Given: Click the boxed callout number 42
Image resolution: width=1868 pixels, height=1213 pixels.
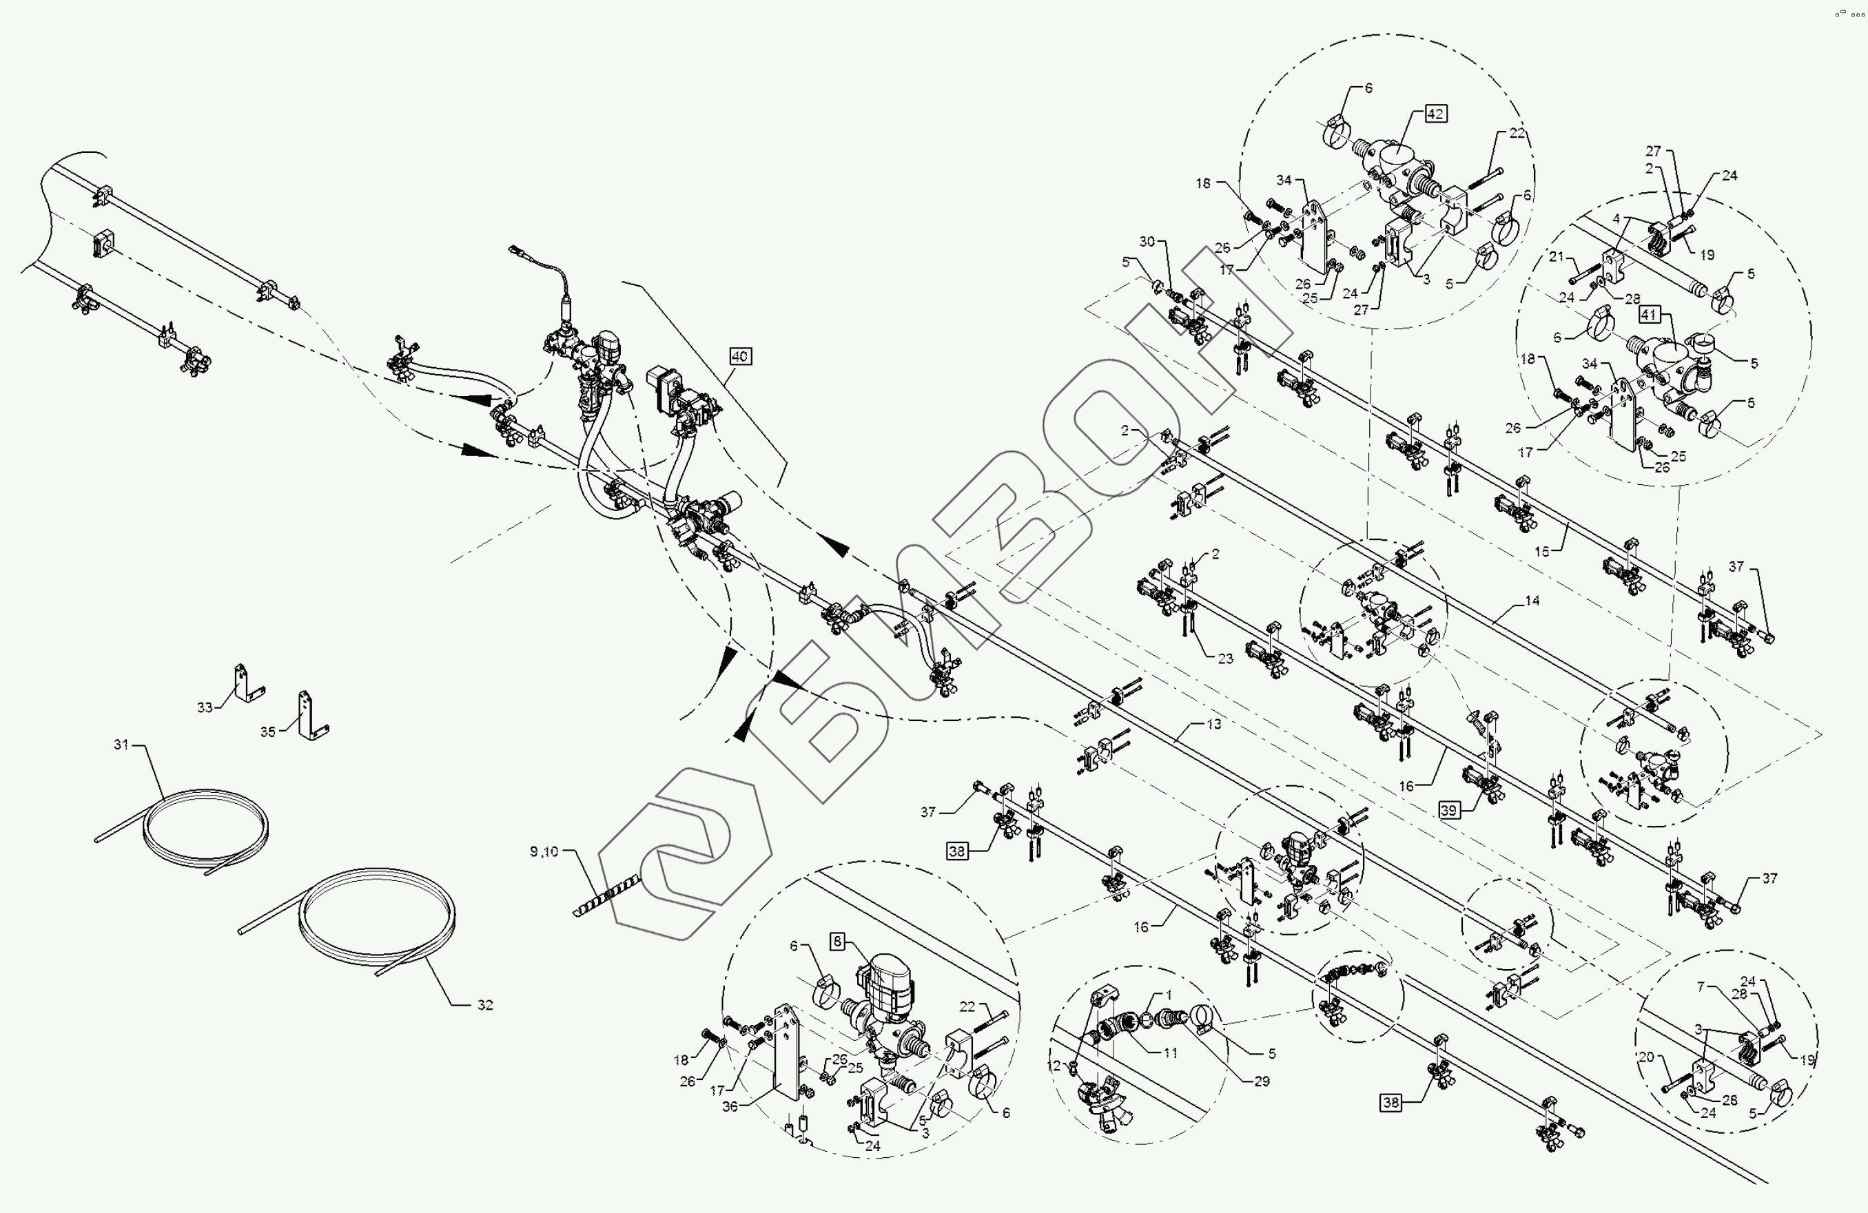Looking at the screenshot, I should click(1435, 114).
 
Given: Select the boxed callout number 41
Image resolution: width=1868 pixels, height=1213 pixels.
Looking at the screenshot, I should click(1648, 315).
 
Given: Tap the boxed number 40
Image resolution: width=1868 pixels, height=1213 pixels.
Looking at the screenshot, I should click(739, 357).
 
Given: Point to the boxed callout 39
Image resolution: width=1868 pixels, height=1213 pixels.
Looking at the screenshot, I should click(1449, 811).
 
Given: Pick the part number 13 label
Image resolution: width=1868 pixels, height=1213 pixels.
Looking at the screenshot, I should click(1213, 724).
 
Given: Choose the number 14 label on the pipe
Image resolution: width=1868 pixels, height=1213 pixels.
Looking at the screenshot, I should click(1532, 601).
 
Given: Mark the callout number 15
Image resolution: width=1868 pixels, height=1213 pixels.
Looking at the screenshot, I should click(1541, 552).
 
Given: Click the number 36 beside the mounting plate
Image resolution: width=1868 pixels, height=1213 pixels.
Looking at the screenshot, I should click(730, 1107).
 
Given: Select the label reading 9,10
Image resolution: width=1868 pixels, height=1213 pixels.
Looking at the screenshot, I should click(544, 851).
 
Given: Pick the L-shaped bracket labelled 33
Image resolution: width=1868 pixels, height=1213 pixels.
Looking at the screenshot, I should click(245, 683).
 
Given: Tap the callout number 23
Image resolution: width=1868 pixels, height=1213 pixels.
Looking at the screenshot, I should click(1225, 659).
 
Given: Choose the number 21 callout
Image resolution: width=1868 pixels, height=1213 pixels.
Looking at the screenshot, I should click(1557, 256).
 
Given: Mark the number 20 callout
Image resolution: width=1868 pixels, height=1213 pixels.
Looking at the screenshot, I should click(1646, 1057).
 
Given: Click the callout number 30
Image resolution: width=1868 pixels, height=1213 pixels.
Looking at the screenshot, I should click(1147, 242).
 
